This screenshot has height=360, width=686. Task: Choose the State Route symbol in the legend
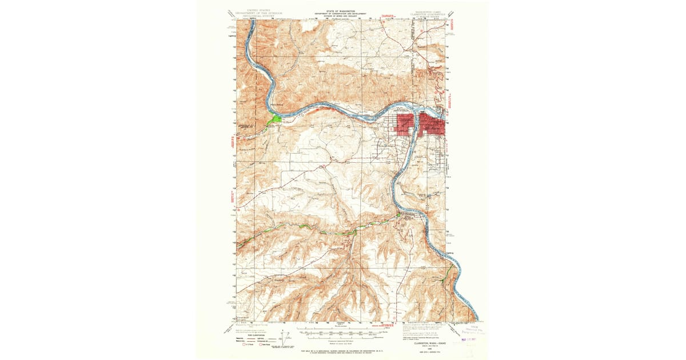point(262,345)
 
